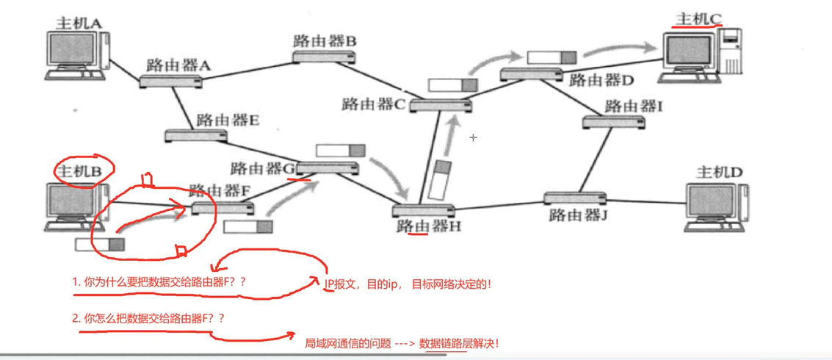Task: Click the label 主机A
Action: pyautogui.click(x=79, y=23)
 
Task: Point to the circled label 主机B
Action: pyautogui.click(x=84, y=171)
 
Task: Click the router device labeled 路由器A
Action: pyautogui.click(x=171, y=81)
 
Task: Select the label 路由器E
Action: pyautogui.click(x=228, y=120)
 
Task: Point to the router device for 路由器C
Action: pyautogui.click(x=440, y=106)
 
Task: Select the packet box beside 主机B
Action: pyautogui.click(x=100, y=245)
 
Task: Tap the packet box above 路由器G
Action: pyautogui.click(x=339, y=151)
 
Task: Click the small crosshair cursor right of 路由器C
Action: pyautogui.click(x=474, y=137)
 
